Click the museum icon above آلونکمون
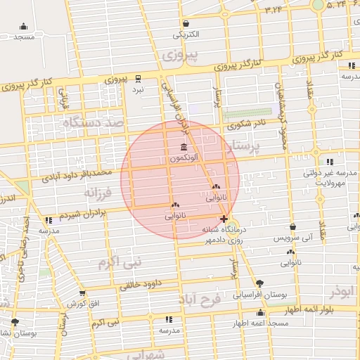184,147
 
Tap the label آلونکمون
183,159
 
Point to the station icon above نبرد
138,79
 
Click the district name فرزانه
98,191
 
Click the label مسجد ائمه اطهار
260,323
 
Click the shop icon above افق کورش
82,293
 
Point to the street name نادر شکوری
247,123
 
